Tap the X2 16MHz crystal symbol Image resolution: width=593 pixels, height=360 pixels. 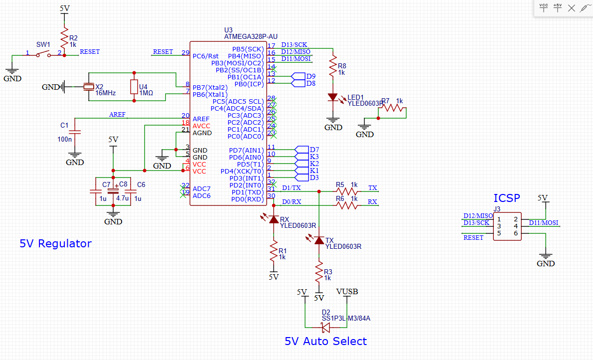pos(88,87)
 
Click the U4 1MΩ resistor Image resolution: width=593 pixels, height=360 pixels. pos(134,87)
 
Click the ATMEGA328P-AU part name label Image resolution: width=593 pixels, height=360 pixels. pos(251,37)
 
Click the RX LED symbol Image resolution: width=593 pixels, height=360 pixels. pos(273,219)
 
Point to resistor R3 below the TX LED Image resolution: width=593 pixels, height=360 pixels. pos(319,274)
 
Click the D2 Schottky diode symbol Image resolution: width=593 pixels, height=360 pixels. pos(326,328)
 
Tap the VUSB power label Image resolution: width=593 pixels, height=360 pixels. pos(347,292)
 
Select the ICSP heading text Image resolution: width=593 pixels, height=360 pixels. pos(506,198)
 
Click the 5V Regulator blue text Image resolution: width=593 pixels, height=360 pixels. pos(55,244)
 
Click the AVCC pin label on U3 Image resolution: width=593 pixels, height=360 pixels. pos(202,126)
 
